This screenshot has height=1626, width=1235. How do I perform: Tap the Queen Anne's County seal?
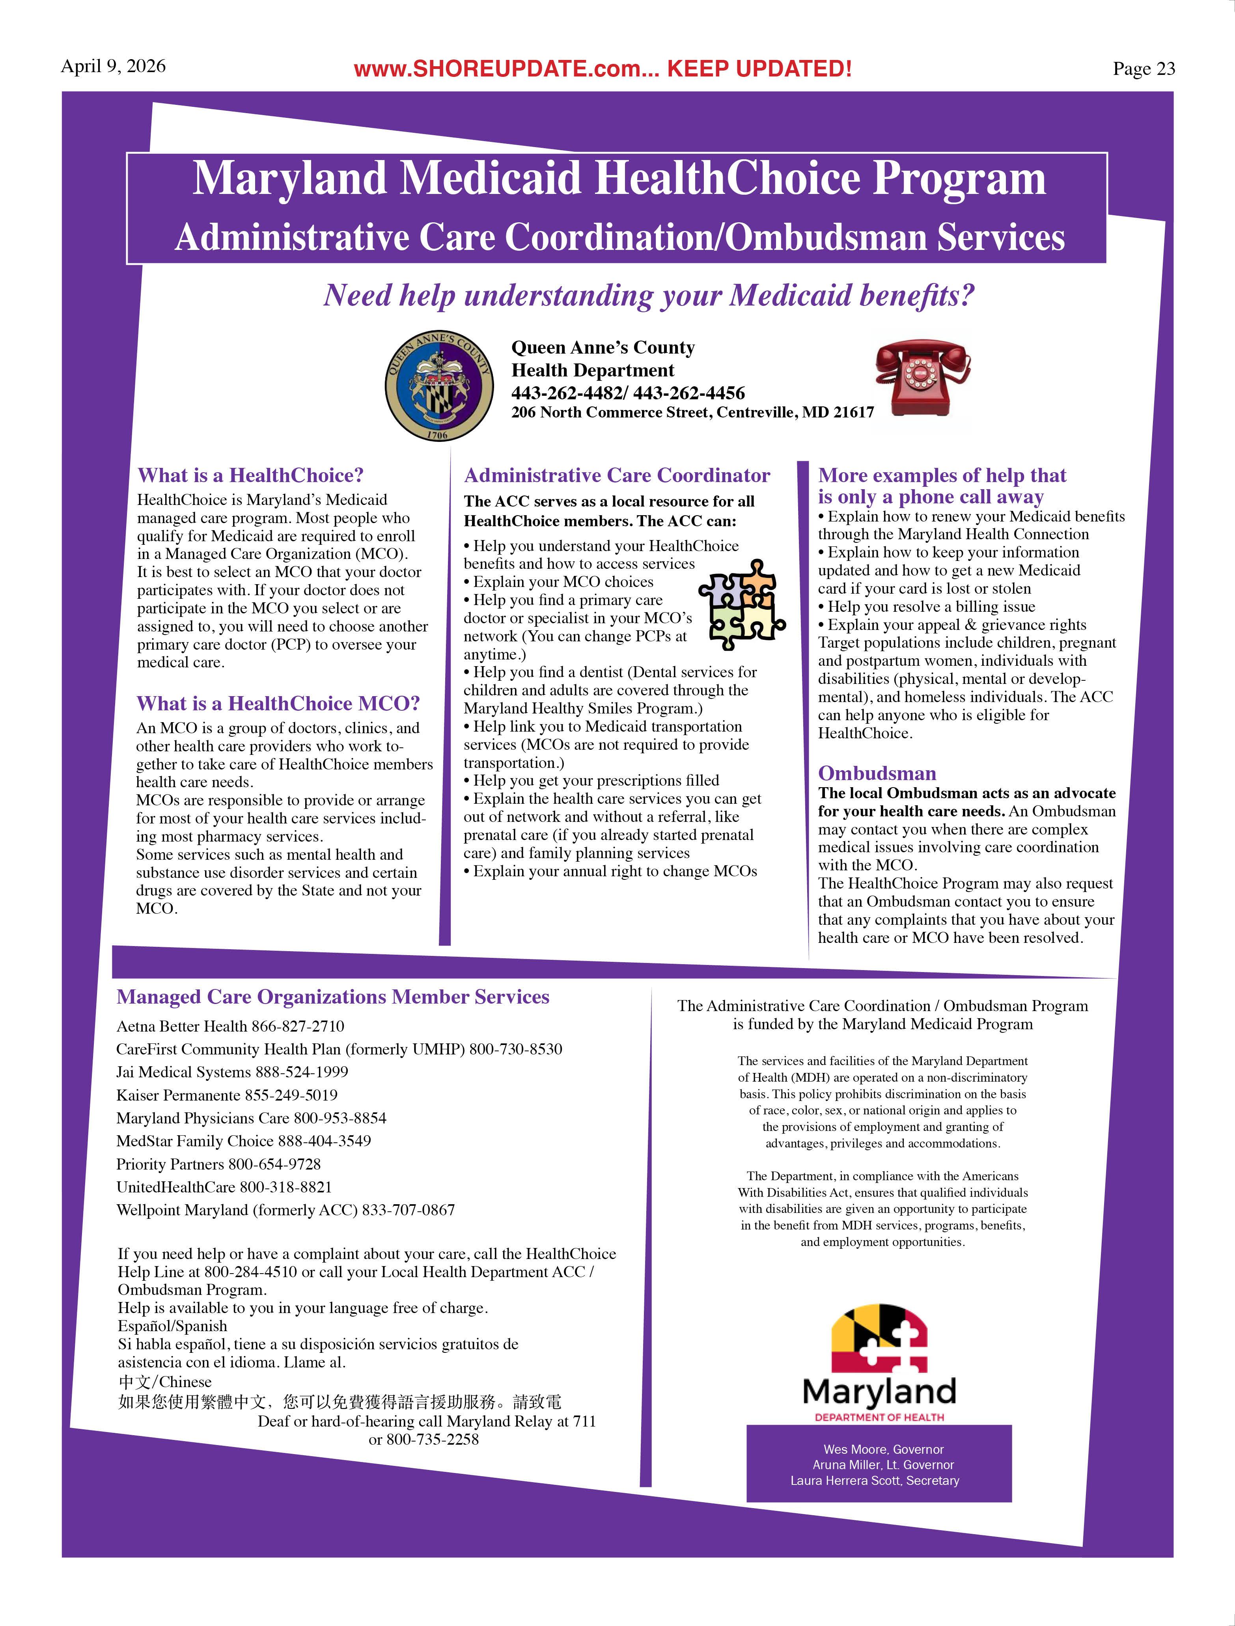[x=439, y=385]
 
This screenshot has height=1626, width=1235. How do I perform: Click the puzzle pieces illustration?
[x=741, y=604]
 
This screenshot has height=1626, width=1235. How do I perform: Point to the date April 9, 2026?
[x=113, y=66]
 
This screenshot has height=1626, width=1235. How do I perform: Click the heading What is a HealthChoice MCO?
[x=278, y=704]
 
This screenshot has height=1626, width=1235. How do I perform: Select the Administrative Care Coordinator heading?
[x=617, y=476]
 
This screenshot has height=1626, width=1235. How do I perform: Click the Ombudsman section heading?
[x=877, y=773]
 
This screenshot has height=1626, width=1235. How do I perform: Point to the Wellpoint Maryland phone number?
[x=408, y=1210]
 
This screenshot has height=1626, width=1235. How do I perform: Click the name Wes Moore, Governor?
[x=883, y=1449]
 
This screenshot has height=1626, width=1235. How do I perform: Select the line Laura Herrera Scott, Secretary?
[x=875, y=1481]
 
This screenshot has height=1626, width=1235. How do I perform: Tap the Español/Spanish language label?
[x=172, y=1326]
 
